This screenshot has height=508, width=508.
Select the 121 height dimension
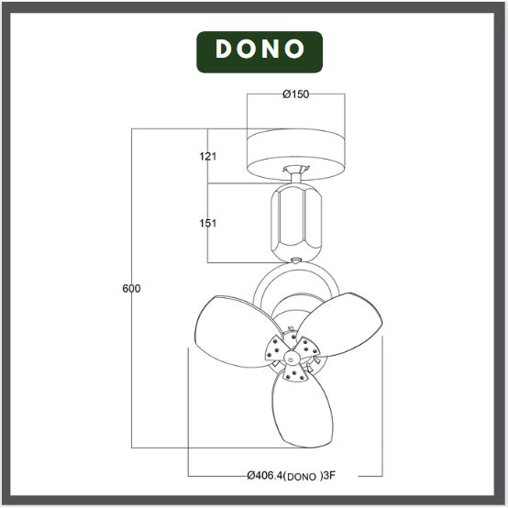tap(207, 157)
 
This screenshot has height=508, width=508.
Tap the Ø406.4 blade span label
tap(266, 476)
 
